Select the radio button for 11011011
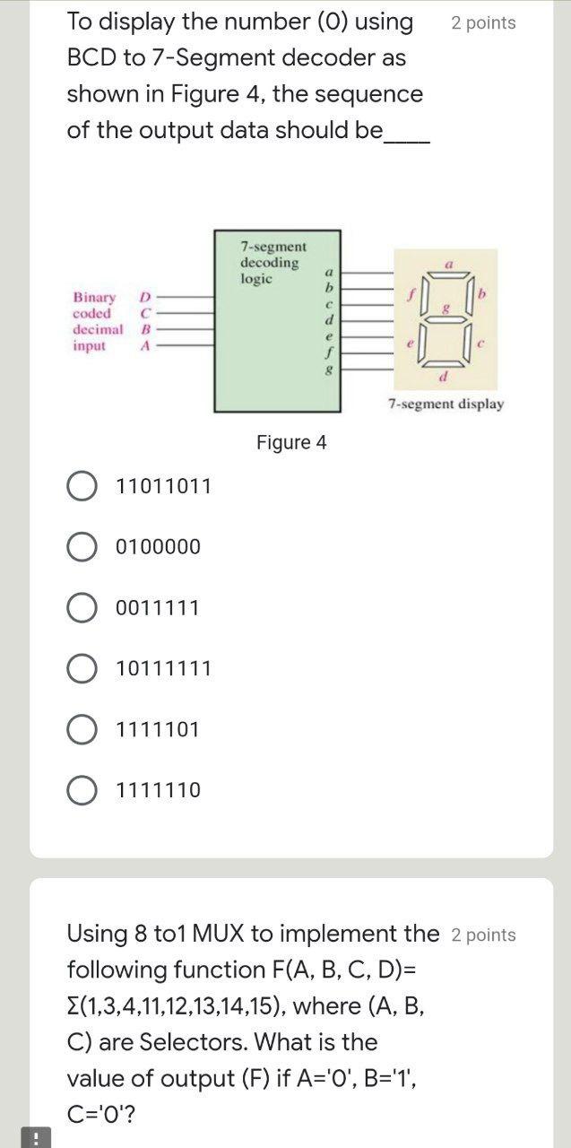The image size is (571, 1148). pos(82,486)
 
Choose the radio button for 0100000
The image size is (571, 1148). pos(82,546)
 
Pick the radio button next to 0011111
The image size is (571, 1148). pos(82,608)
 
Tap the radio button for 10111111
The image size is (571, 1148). pos(82,668)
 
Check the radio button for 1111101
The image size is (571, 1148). pos(82,729)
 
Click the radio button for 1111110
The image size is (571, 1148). pos(82,790)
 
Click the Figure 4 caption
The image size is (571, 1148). pos(291,442)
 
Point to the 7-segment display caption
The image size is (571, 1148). pos(446,404)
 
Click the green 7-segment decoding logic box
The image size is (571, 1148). pos(276,341)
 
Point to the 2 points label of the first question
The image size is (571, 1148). pos(483,23)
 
